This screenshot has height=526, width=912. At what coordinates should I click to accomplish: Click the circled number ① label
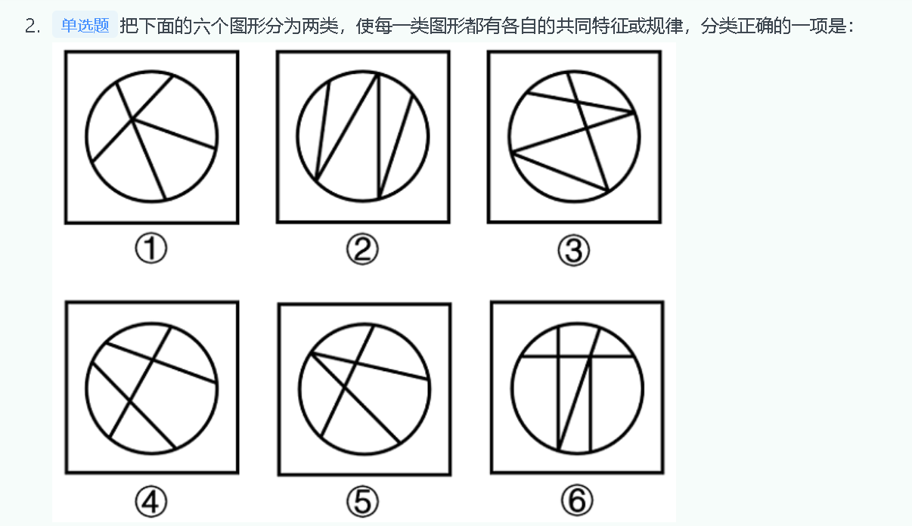point(150,249)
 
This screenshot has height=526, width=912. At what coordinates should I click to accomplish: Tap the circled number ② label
point(362,249)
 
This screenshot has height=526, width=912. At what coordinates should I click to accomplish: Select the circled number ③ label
point(573,250)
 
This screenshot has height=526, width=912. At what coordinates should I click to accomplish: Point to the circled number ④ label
point(151,500)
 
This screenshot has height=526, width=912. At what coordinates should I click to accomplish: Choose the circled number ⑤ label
point(363,500)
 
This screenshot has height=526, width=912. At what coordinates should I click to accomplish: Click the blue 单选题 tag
point(85,26)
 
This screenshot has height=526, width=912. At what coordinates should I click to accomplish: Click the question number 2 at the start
point(31,26)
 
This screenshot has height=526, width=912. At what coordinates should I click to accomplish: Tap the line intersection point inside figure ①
point(133,119)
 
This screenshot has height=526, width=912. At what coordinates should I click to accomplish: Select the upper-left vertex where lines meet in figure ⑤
point(311,354)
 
